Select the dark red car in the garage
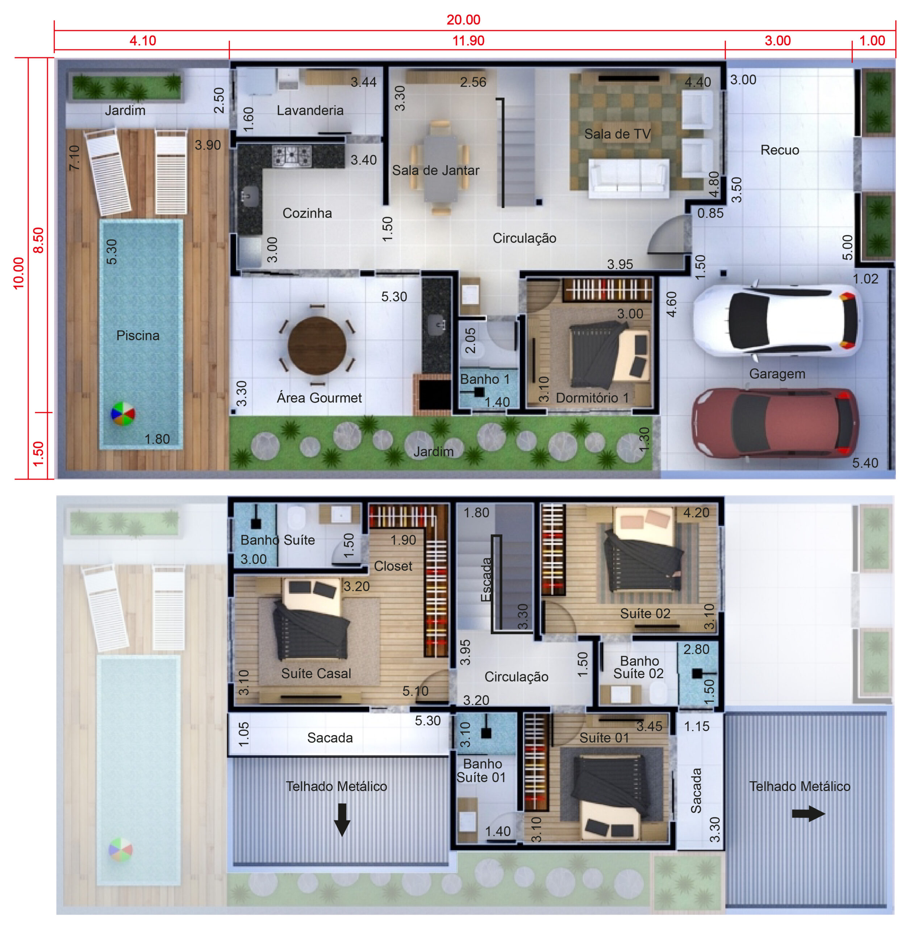(x=775, y=423)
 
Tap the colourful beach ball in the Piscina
(x=123, y=414)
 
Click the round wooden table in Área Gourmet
(x=317, y=345)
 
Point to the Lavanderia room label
(x=310, y=111)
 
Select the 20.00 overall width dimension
(x=463, y=20)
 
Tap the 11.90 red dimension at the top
(x=468, y=41)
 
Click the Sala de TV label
(x=617, y=134)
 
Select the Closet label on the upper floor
(x=393, y=566)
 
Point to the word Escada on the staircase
(x=486, y=579)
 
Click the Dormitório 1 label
(x=592, y=398)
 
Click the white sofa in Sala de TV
(x=629, y=179)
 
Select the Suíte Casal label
(x=316, y=674)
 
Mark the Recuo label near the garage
(x=780, y=150)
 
